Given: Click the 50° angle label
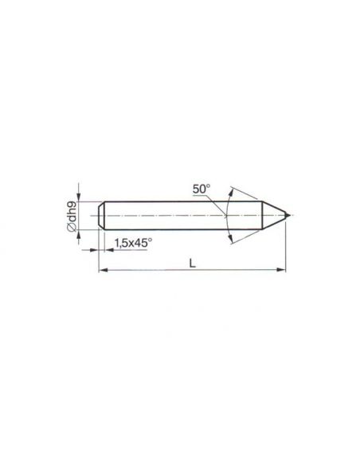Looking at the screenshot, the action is (202, 189).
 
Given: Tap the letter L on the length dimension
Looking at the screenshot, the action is (193, 263).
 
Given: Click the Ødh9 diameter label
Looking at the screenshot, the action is (72, 216).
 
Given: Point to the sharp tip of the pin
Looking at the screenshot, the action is (287, 215).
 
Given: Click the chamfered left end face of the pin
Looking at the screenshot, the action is (102, 215).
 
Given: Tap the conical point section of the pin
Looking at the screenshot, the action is (274, 215).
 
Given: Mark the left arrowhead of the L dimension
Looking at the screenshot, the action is (103, 270).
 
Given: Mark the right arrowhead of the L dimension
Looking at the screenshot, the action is (281, 270).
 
